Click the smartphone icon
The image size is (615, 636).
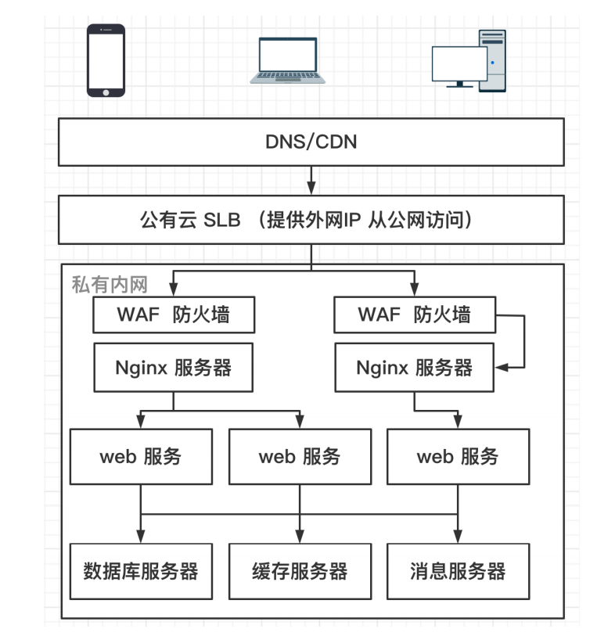(106, 60)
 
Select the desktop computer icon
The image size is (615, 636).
(469, 60)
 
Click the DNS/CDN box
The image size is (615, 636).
(311, 142)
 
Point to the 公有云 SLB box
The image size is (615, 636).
(311, 220)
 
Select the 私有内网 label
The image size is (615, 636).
(109, 284)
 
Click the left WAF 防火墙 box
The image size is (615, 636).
(174, 315)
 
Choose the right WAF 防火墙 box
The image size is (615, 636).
(414, 315)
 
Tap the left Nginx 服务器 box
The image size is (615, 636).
(174, 367)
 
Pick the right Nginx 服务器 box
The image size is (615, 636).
(414, 367)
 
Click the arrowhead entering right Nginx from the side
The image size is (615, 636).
(501, 366)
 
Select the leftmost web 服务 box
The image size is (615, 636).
(141, 457)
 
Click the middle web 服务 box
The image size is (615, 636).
(300, 457)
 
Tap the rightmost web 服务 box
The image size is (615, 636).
(458, 457)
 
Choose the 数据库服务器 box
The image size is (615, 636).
(141, 571)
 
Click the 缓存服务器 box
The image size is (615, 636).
(300, 571)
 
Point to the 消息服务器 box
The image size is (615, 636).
(458, 571)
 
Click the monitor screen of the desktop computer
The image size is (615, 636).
(459, 63)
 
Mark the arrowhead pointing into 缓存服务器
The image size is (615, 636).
(300, 536)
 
